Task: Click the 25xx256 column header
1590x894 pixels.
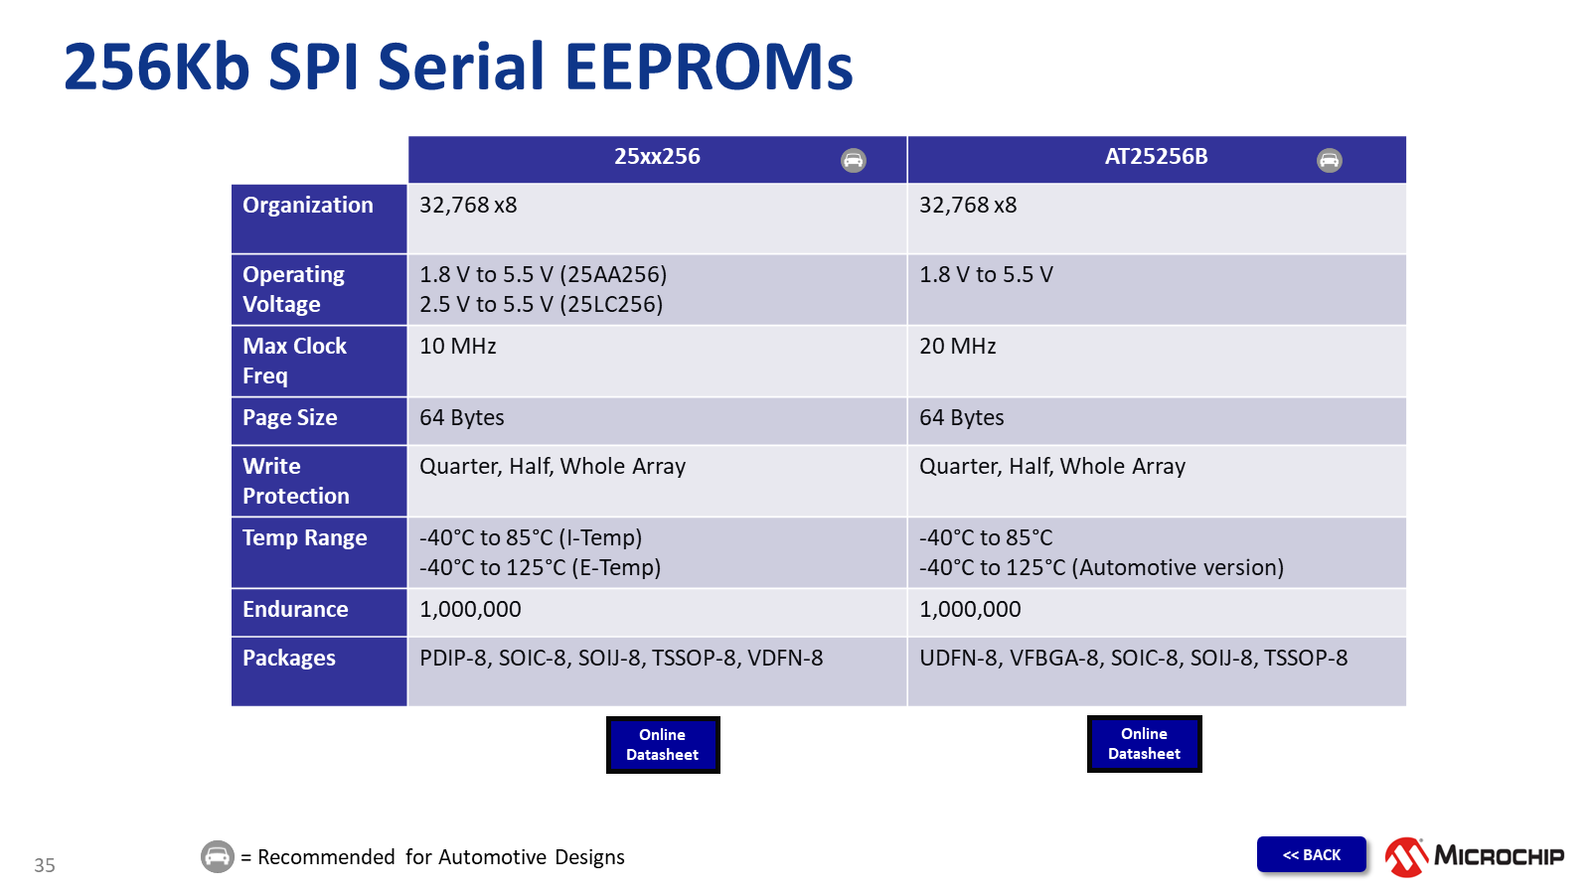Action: click(657, 156)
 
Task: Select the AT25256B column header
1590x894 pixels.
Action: click(1156, 156)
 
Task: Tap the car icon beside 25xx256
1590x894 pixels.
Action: click(854, 160)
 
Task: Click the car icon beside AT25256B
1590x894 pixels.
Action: click(1329, 160)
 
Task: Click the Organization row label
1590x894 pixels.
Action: click(307, 205)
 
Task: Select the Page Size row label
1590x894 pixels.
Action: click(289, 418)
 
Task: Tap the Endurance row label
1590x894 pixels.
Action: click(295, 610)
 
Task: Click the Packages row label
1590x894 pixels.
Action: click(289, 659)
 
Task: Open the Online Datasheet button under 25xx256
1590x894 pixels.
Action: click(662, 744)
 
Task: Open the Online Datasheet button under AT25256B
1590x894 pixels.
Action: click(1144, 744)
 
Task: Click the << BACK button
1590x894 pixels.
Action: click(1311, 854)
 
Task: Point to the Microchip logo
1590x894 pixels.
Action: click(1475, 856)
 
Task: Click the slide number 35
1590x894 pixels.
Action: click(44, 865)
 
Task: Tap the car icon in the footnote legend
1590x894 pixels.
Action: click(218, 856)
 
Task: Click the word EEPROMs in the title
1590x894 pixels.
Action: click(709, 67)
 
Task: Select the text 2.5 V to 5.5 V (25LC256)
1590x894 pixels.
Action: click(541, 304)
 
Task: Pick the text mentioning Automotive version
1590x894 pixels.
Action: click(1101, 567)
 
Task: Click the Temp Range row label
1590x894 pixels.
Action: click(304, 537)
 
